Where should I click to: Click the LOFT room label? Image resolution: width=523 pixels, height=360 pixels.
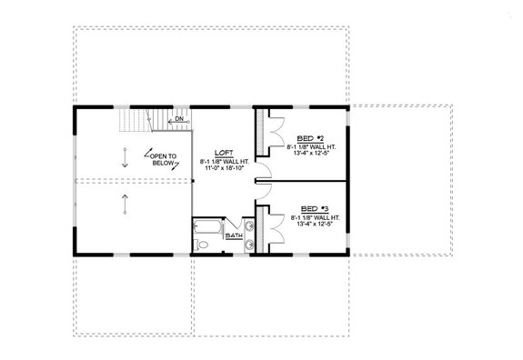(223, 153)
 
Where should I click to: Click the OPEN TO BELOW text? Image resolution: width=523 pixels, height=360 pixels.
(165, 158)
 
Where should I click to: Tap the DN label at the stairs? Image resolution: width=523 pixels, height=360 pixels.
(180, 119)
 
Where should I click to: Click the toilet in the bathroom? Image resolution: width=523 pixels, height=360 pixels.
(203, 245)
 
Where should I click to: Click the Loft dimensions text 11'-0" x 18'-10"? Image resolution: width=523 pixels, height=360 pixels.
(223, 168)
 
